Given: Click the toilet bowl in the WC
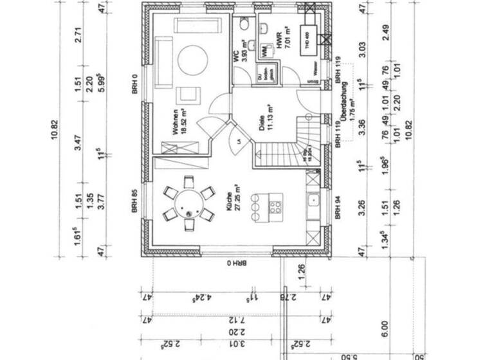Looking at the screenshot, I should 244,24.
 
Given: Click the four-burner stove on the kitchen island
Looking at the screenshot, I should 275,207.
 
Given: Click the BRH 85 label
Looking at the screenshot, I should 134,200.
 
